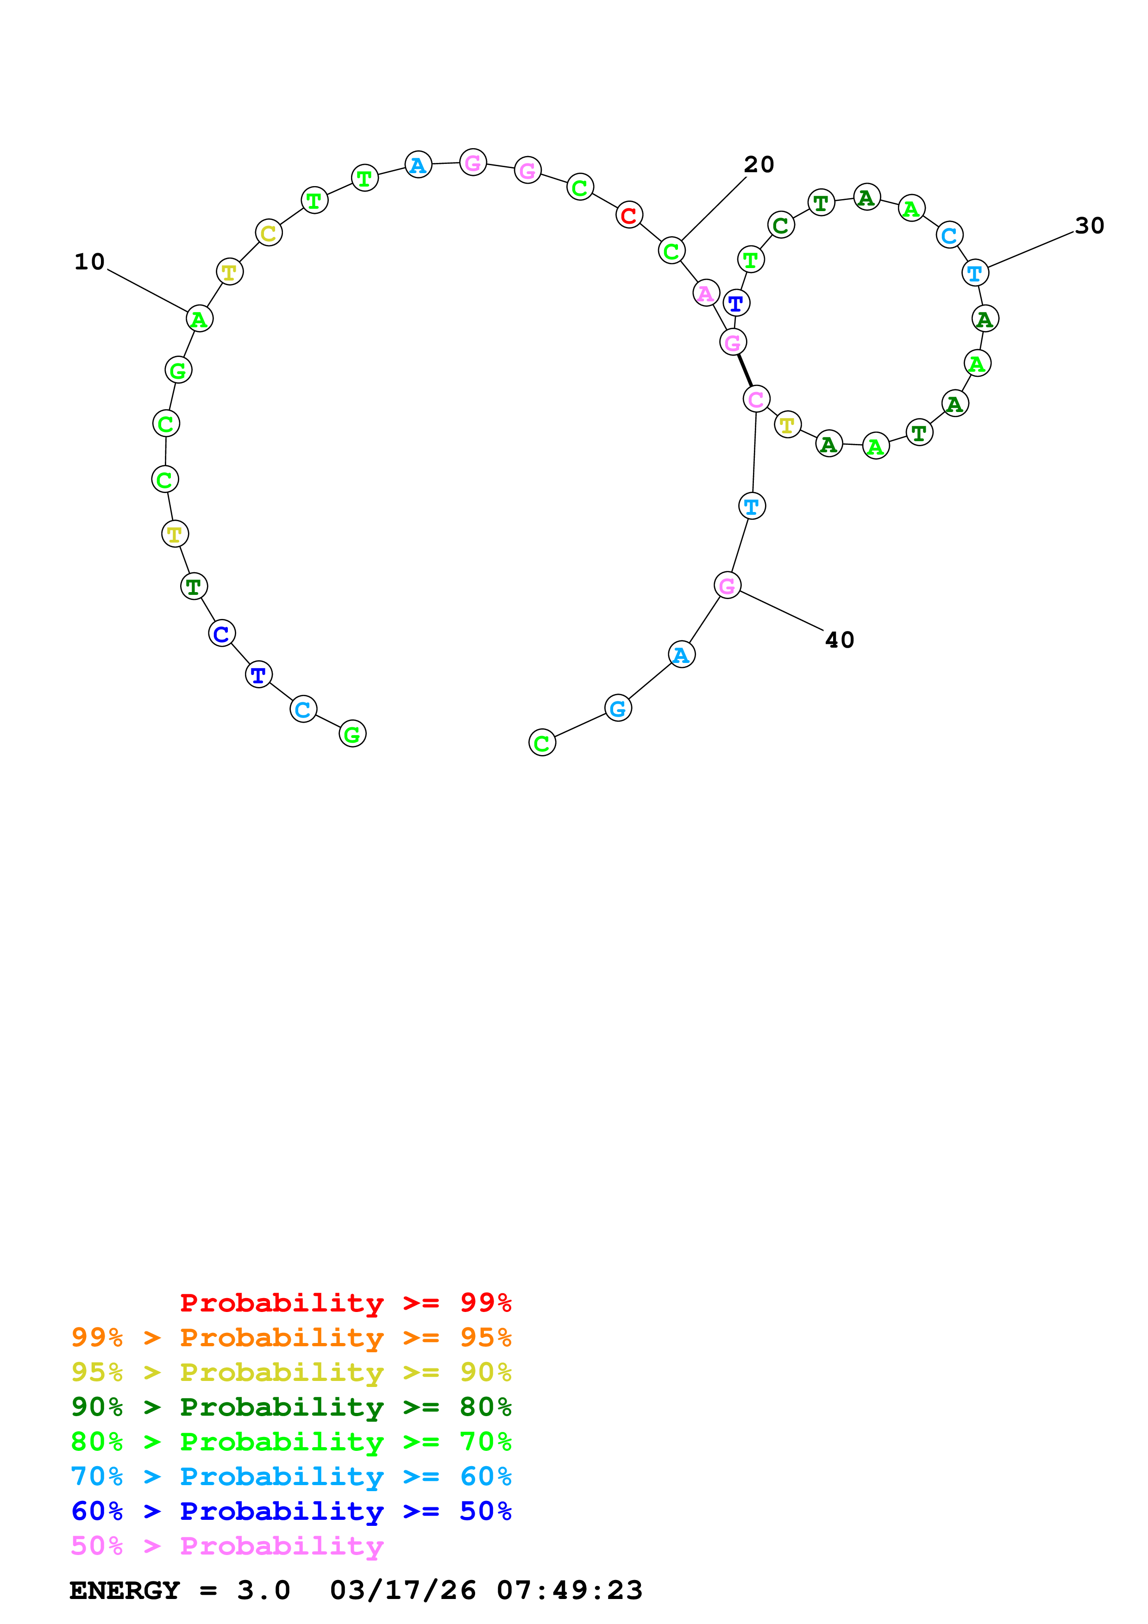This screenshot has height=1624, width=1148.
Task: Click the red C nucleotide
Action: [x=629, y=215]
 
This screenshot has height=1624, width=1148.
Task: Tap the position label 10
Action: [x=90, y=262]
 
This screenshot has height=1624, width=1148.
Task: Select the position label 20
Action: [x=759, y=165]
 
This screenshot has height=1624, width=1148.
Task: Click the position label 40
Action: [x=840, y=640]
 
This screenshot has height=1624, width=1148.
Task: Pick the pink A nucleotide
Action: [x=706, y=293]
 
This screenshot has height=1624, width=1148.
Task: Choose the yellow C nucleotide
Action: [x=269, y=233]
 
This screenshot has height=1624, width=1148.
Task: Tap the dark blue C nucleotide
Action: [x=221, y=634]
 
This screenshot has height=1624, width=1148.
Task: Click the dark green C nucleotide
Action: [x=781, y=225]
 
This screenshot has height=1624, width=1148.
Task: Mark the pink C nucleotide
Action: [x=756, y=400]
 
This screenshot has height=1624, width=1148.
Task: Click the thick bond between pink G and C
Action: [x=745, y=371]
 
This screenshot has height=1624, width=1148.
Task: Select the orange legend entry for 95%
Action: [x=291, y=1337]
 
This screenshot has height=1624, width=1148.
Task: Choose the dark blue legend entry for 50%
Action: [x=291, y=1511]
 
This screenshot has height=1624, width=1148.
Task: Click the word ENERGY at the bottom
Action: [x=125, y=1591]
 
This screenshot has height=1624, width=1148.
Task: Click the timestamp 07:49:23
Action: [x=570, y=1591]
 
